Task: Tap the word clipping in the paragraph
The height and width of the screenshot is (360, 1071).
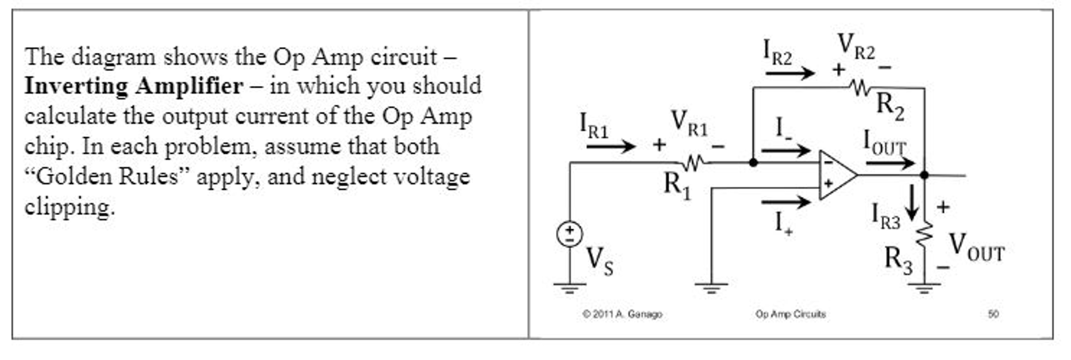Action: (x=69, y=207)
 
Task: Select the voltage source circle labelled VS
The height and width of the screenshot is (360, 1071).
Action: (x=570, y=234)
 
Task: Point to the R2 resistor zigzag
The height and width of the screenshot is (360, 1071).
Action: (x=861, y=88)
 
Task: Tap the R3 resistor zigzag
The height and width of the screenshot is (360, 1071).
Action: (x=925, y=234)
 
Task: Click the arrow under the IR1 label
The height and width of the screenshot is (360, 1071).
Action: (x=610, y=146)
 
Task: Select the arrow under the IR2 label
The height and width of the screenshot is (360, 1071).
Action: (x=789, y=73)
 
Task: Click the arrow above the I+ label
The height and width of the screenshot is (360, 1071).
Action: (x=785, y=201)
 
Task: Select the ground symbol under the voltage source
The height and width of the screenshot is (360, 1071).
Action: (x=570, y=287)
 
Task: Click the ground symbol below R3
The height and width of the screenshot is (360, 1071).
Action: (x=924, y=287)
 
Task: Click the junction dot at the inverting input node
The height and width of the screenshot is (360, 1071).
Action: (x=753, y=163)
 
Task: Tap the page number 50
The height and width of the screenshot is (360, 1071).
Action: (x=993, y=314)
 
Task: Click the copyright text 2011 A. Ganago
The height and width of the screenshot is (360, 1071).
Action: (x=622, y=314)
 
